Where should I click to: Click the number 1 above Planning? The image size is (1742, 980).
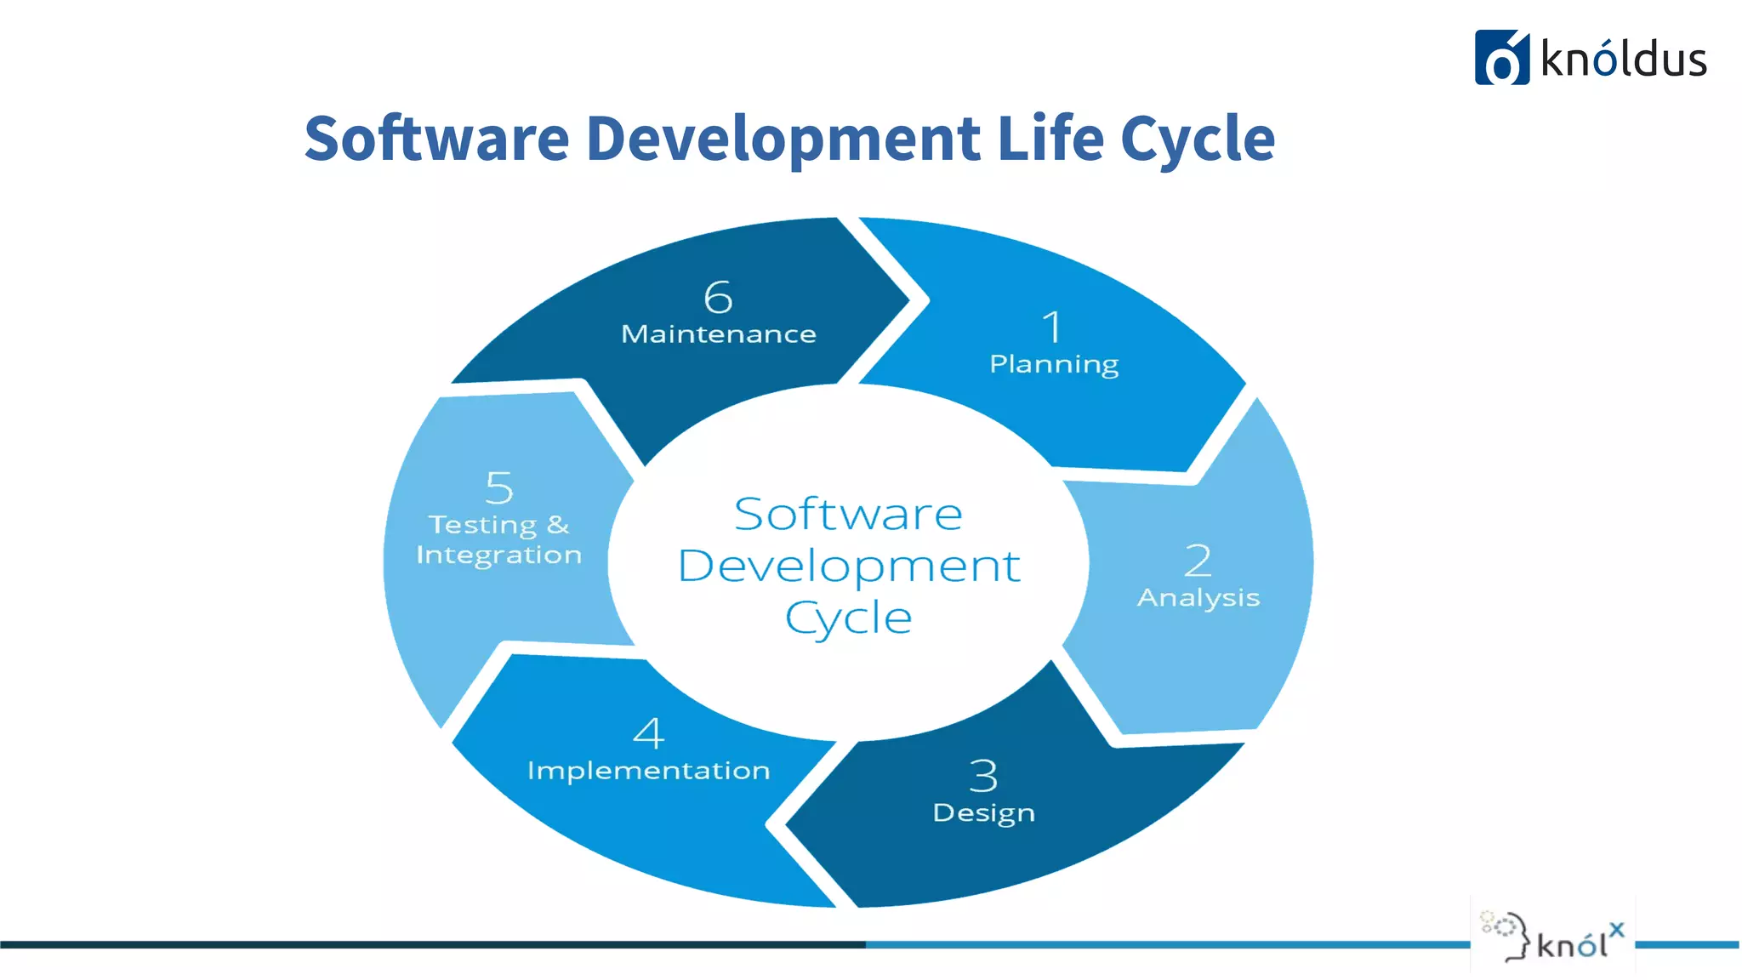pyautogui.click(x=1053, y=328)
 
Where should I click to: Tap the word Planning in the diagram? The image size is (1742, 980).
pyautogui.click(x=1054, y=364)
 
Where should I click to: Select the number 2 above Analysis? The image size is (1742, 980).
pyautogui.click(x=1198, y=561)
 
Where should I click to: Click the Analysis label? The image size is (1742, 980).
pyautogui.click(x=1198, y=598)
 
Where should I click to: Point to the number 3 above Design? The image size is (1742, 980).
pyautogui.click(x=983, y=776)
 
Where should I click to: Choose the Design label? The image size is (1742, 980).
pyautogui.click(x=984, y=813)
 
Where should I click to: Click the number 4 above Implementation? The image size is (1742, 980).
pyautogui.click(x=649, y=733)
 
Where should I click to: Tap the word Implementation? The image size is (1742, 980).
pyautogui.click(x=649, y=771)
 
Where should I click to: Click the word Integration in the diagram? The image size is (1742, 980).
pyautogui.click(x=499, y=556)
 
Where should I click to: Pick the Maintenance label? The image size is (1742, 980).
pyautogui.click(x=719, y=334)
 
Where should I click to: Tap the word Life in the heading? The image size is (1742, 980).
pyautogui.click(x=1050, y=138)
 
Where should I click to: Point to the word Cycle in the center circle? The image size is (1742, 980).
pyautogui.click(x=849, y=618)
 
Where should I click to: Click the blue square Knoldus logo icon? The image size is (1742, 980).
pyautogui.click(x=1501, y=58)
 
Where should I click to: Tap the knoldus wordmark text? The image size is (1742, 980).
pyautogui.click(x=1624, y=60)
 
